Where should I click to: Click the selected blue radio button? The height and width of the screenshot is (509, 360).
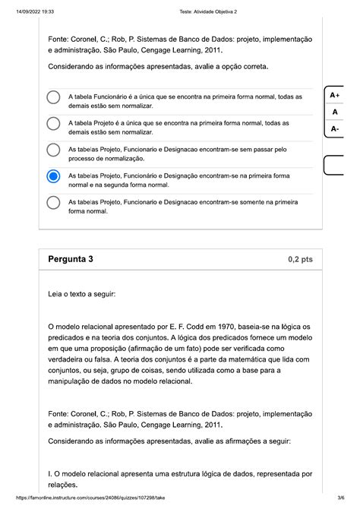pos(53,176)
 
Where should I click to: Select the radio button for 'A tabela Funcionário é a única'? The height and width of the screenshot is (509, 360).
pos(53,98)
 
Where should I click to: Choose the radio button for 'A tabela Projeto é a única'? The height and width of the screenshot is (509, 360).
pos(53,125)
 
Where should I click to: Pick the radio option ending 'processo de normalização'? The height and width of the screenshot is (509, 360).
pos(53,150)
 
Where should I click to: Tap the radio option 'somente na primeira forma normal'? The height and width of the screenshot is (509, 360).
pos(53,203)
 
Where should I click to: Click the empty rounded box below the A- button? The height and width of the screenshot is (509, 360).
pos(339,165)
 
